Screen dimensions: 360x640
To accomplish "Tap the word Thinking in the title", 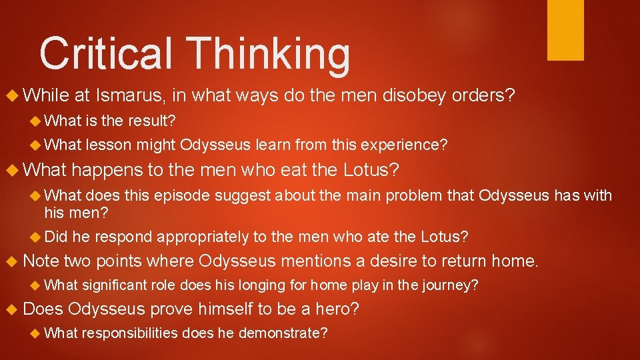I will click(268, 55).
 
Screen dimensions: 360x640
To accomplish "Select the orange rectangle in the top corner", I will click(565, 30).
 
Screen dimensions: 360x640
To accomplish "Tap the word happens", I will click(108, 171).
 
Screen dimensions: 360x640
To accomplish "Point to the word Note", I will click(41, 261).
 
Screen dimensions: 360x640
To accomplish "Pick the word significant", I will click(113, 286).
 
